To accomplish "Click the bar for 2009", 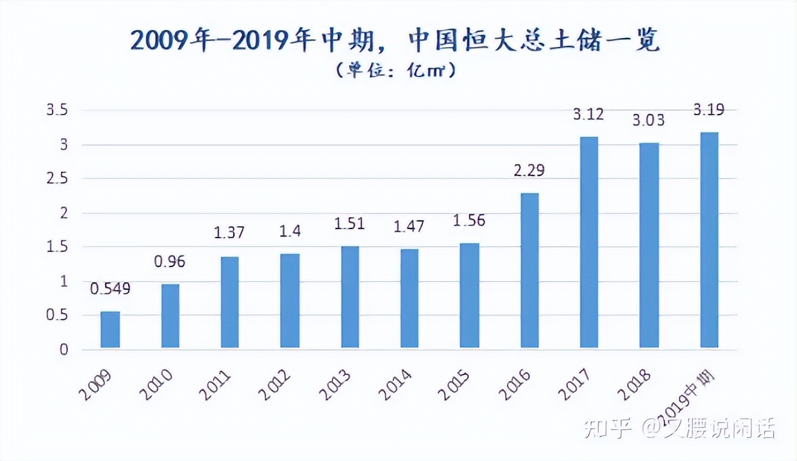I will (110, 330).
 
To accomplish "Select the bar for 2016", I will (530, 270).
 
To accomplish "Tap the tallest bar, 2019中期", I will (709, 241).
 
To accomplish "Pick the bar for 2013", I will (350, 297).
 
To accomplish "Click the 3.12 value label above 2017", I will (589, 115).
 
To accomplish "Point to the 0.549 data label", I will (110, 289).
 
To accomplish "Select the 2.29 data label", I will (529, 170).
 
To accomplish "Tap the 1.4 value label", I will (290, 232).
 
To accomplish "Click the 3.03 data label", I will (649, 120).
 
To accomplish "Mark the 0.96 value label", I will (170, 262).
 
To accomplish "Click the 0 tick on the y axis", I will (63, 350).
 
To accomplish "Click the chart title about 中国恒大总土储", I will (395, 41).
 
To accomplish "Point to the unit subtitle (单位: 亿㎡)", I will (395, 70).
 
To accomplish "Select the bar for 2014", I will (409, 298).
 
